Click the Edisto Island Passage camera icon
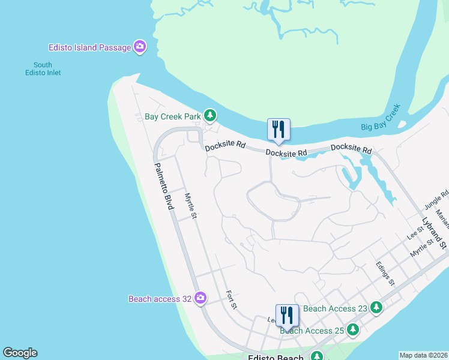(140, 47)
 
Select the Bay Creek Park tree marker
(209, 115)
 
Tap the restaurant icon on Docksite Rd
(278, 130)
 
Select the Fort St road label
(232, 300)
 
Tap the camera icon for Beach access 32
(200, 298)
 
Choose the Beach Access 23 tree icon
(376, 308)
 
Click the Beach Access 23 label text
(335, 308)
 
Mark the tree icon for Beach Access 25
(353, 329)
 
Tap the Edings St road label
(385, 274)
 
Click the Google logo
(20, 353)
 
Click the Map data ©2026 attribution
(423, 355)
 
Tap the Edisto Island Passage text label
(90, 47)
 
